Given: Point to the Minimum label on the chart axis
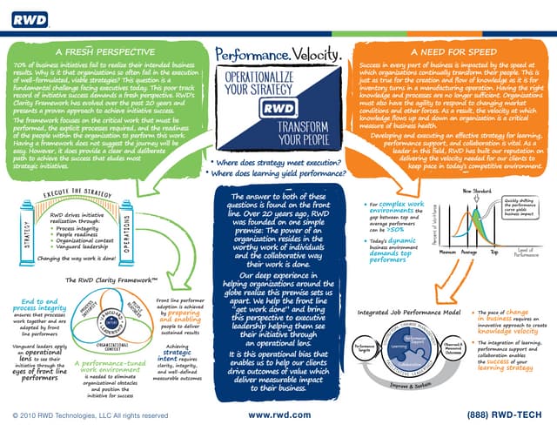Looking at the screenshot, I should [450, 252].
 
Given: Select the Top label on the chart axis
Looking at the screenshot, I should [495, 252].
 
